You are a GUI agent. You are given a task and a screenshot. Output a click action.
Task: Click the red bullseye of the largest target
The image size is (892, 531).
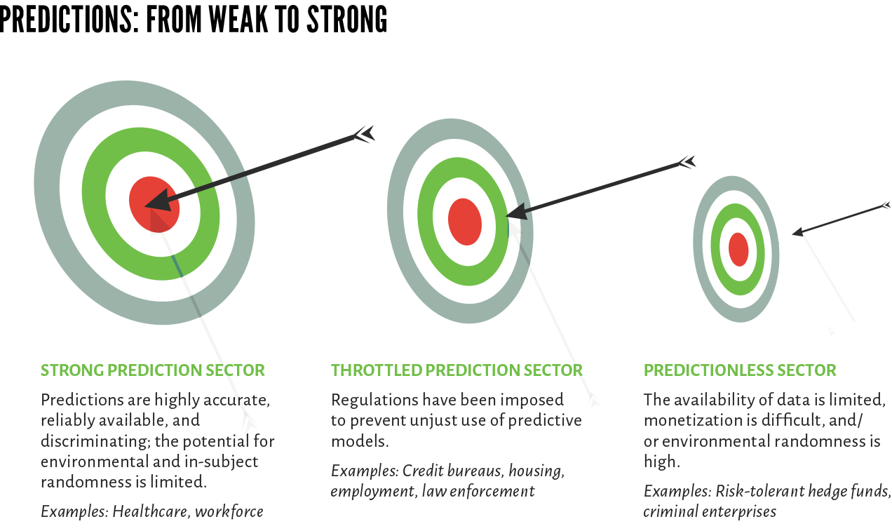pyautogui.click(x=154, y=204)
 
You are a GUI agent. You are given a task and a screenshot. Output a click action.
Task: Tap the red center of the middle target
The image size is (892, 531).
pyautogui.click(x=465, y=222)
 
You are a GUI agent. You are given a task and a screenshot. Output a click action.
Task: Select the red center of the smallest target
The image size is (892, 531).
pyautogui.click(x=738, y=250)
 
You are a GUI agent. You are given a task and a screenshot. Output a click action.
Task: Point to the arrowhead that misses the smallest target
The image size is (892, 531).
pyautogui.click(x=797, y=232)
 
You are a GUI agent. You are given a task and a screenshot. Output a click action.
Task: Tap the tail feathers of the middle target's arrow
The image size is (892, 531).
pyautogui.click(x=687, y=162)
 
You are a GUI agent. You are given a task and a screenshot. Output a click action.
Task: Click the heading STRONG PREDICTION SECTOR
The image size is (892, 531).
pyautogui.click(x=152, y=370)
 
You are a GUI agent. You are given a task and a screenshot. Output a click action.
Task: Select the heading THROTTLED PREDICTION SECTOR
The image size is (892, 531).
pyautogui.click(x=457, y=370)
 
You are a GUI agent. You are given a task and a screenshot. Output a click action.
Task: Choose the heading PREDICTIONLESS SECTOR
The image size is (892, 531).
pyautogui.click(x=740, y=370)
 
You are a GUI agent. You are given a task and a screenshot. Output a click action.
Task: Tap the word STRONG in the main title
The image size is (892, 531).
pyautogui.click(x=347, y=20)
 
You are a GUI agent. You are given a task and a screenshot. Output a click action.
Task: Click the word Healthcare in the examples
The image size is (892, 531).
pyautogui.click(x=150, y=511)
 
